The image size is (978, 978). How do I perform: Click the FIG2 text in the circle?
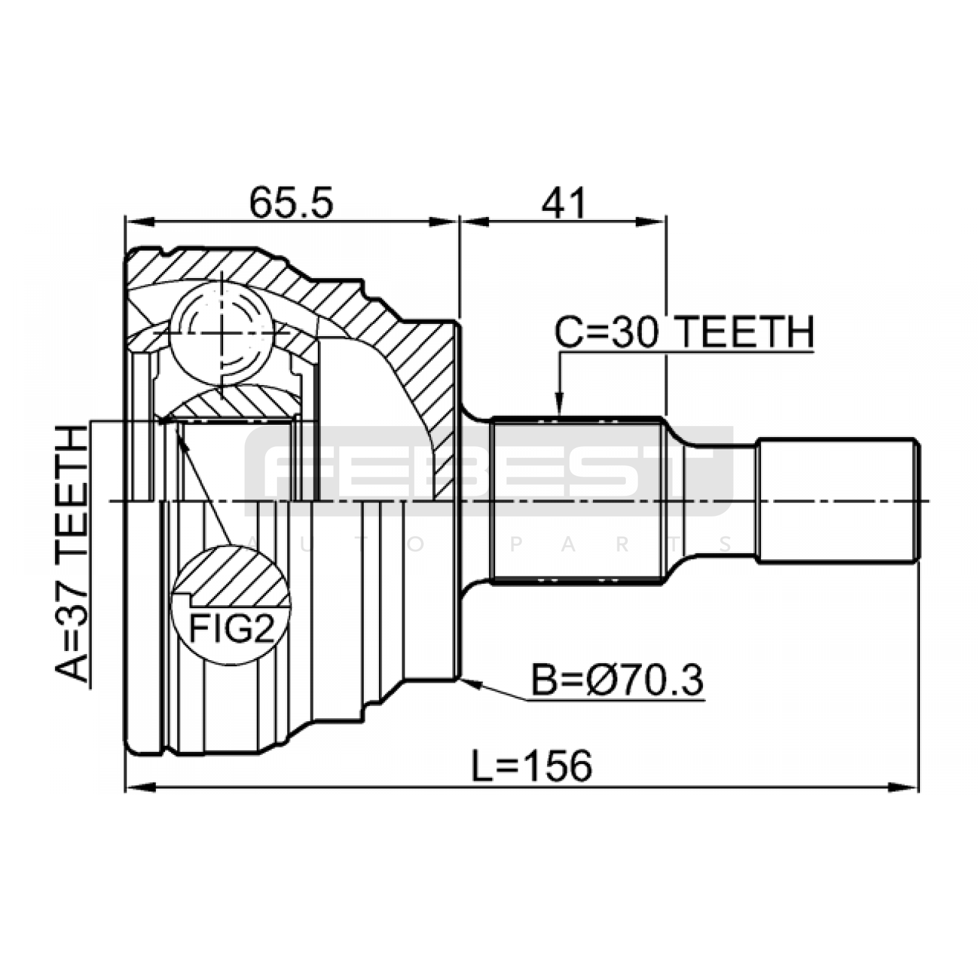(x=232, y=628)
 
